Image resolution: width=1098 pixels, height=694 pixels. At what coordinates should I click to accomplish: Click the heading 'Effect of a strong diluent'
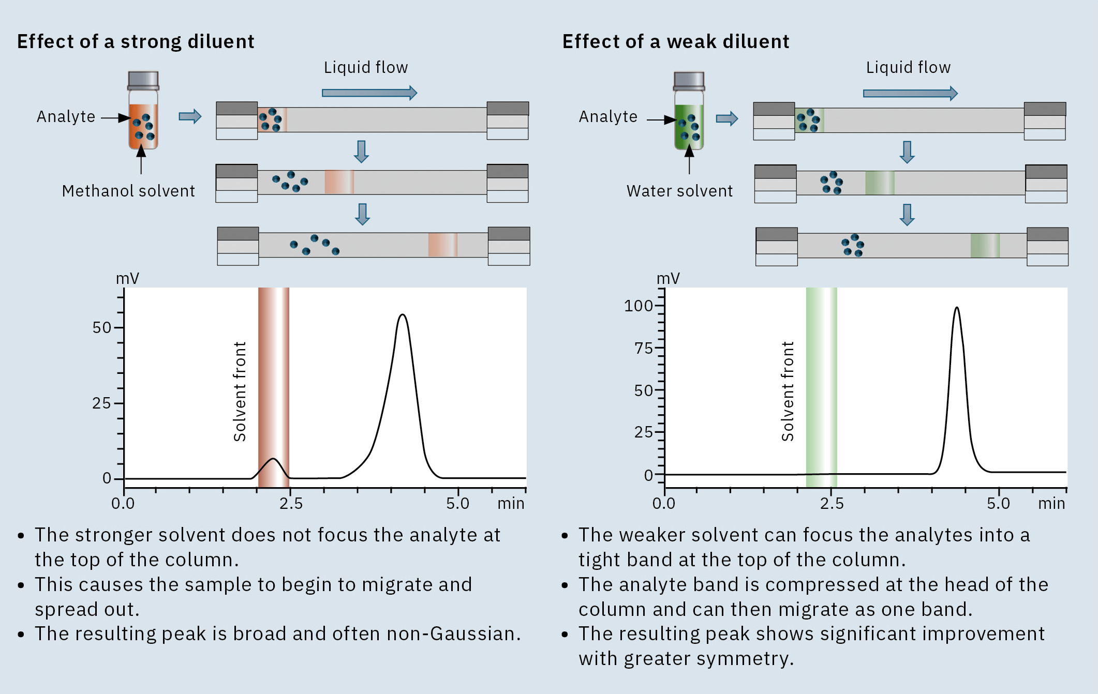[x=136, y=41]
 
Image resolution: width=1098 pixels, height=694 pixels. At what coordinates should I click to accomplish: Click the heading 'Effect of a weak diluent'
[x=676, y=41]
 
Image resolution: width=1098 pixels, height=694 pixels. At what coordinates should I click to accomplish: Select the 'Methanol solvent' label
[x=128, y=191]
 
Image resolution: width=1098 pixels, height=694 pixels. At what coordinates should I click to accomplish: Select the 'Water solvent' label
[x=679, y=191]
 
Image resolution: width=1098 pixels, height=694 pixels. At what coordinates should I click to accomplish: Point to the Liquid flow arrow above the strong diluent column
[x=369, y=93]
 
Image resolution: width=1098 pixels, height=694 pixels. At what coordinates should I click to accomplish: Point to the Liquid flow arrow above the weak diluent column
[x=910, y=93]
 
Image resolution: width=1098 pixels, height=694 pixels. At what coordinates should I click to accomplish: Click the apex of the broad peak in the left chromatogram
[x=403, y=314]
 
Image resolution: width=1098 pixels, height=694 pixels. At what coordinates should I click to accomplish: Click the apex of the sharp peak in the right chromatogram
[x=957, y=308]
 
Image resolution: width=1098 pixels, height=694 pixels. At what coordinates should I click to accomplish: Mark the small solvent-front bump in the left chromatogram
[x=273, y=459]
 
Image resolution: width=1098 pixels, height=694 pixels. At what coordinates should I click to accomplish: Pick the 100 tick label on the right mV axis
[x=639, y=306]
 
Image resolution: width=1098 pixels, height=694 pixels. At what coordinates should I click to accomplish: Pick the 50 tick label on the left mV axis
[x=102, y=327]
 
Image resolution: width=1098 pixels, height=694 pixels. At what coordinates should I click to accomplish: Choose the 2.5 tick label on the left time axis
[x=291, y=503]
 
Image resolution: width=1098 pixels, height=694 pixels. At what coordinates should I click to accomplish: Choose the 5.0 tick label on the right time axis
[x=998, y=503]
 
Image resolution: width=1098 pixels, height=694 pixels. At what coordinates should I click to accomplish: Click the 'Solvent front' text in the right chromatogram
[x=788, y=391]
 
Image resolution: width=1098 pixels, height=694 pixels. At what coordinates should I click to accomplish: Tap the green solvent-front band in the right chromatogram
[x=821, y=388]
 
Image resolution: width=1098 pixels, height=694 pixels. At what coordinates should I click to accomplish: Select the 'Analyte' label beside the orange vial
[x=66, y=117]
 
